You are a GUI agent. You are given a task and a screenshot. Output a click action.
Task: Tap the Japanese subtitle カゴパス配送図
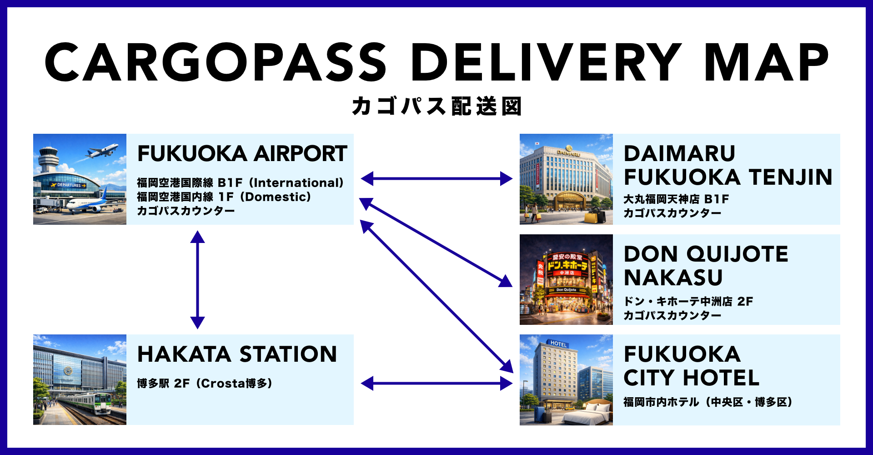pyautogui.click(x=436, y=106)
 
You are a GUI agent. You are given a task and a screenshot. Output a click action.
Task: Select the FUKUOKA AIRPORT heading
pyautogui.click(x=242, y=154)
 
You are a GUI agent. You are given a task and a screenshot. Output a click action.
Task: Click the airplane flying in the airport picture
pyautogui.click(x=103, y=151)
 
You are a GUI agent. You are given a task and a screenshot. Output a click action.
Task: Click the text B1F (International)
pyautogui.click(x=281, y=183)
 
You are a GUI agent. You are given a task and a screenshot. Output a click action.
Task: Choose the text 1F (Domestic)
pyautogui.click(x=265, y=197)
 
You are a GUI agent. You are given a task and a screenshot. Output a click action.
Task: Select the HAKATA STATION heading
pyautogui.click(x=237, y=354)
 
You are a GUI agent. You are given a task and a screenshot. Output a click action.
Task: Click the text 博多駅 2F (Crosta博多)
pyautogui.click(x=205, y=384)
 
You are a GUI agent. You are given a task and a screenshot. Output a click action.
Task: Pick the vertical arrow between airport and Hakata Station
pyautogui.click(x=197, y=279)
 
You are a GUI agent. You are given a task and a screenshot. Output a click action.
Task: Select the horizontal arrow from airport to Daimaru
pyautogui.click(x=436, y=179)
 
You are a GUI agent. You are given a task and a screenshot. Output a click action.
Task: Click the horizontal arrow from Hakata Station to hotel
pyautogui.click(x=436, y=384)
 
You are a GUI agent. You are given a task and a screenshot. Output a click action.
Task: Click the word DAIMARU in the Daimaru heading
pyautogui.click(x=679, y=154)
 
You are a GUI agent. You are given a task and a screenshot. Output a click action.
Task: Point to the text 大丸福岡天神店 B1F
pyautogui.click(x=676, y=199)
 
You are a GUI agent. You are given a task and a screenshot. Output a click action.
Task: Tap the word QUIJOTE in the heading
pyautogui.click(x=737, y=254)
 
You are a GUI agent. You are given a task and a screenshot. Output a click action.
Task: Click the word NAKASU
pyautogui.click(x=673, y=278)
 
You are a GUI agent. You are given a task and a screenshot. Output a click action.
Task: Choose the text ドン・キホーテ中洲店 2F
pyautogui.click(x=688, y=302)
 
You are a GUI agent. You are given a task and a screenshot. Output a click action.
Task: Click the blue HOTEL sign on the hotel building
pyautogui.click(x=558, y=344)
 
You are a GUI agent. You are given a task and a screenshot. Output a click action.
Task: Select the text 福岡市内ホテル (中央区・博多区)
pyautogui.click(x=707, y=402)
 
